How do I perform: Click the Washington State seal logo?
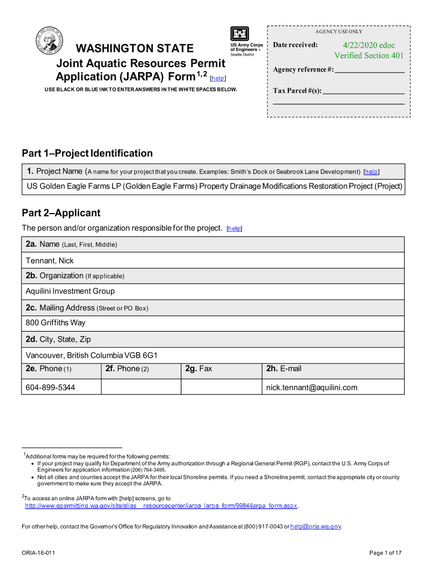50,42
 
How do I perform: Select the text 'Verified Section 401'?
369,55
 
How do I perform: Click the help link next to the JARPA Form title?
218,78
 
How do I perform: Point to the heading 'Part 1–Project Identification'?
87,153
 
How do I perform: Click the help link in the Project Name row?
372,172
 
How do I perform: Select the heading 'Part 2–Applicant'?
61,213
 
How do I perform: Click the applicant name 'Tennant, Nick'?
49,261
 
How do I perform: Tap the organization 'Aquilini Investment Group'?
70,291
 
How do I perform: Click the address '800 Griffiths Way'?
55,322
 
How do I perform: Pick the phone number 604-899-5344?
50,388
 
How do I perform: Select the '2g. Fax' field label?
199,369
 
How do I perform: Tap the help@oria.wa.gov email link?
316,526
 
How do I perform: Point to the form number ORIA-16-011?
38,553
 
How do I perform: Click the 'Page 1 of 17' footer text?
385,553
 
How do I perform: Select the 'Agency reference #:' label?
303,70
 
